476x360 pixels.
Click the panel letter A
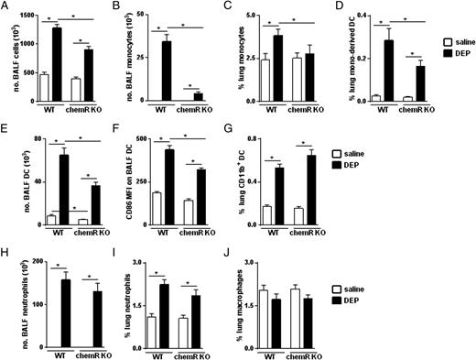click(6, 7)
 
